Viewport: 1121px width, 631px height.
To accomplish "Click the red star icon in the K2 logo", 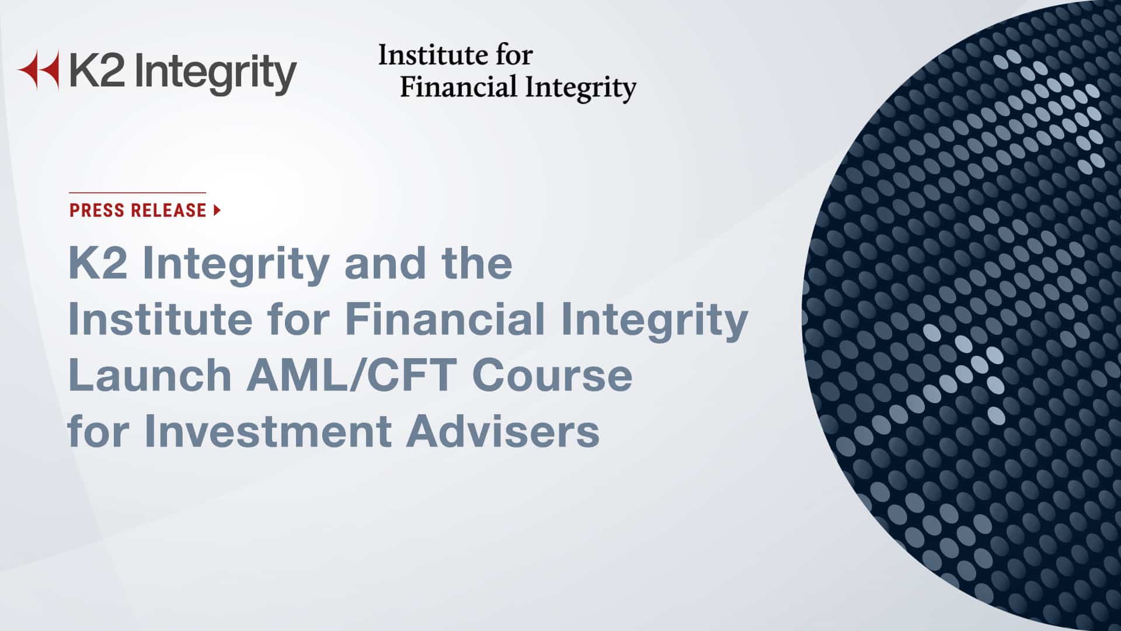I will (x=39, y=70).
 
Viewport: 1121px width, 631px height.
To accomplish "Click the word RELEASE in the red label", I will (x=169, y=210).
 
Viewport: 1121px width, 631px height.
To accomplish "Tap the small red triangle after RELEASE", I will (x=217, y=210).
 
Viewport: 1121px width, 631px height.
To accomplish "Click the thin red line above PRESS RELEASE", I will (x=137, y=192).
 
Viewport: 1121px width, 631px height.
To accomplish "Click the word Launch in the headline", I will (x=150, y=376).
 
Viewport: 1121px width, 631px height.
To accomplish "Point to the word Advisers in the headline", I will (x=503, y=432).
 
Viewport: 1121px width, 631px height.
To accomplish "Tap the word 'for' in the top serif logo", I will (x=513, y=56).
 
